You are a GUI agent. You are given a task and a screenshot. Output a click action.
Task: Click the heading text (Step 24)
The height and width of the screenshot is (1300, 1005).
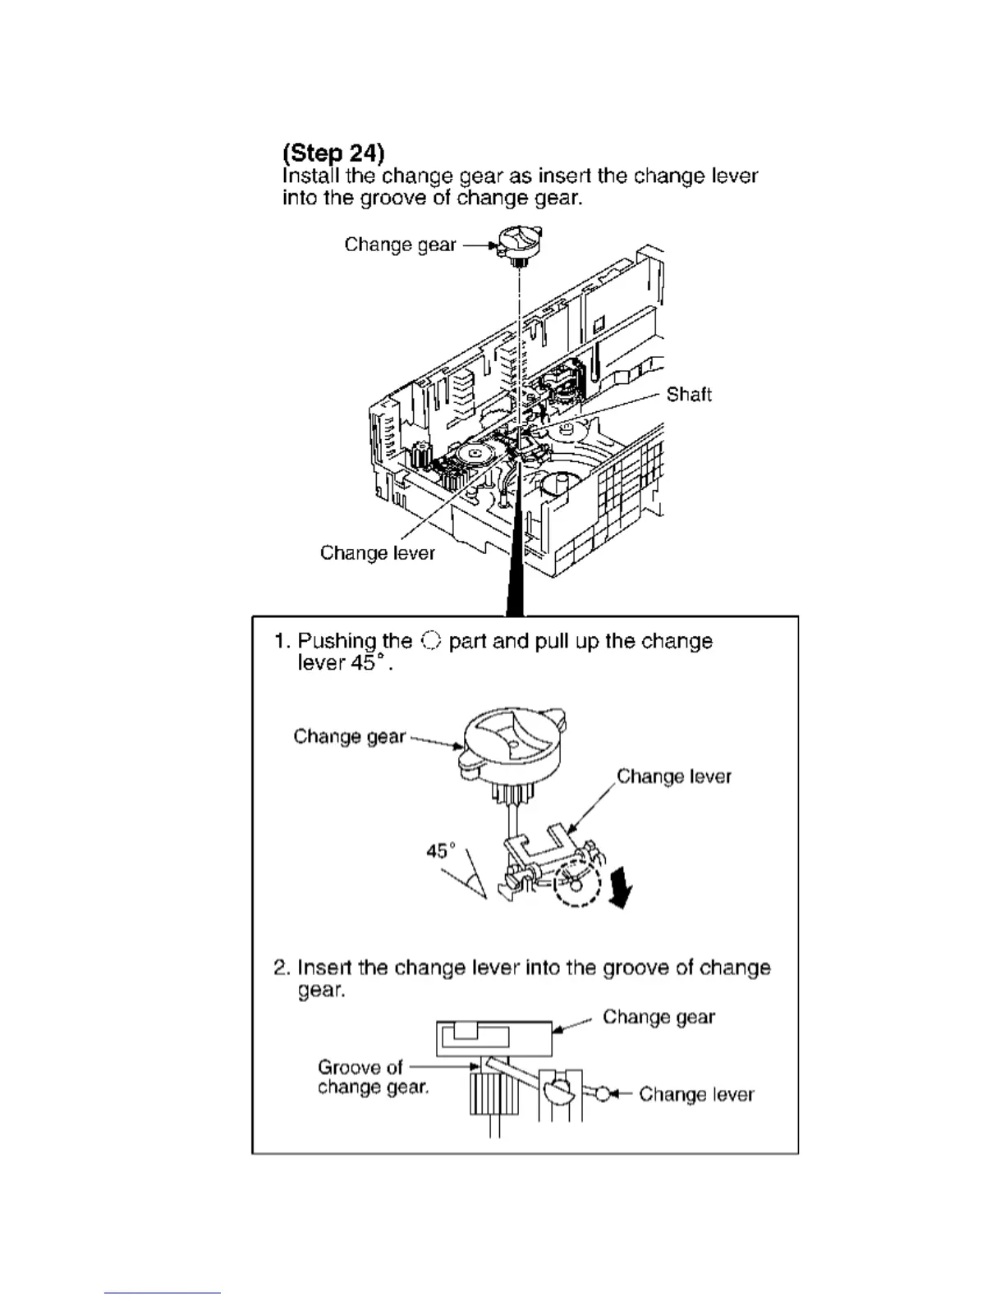pos(333,153)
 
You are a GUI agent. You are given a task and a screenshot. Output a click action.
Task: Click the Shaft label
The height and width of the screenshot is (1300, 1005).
pos(688,395)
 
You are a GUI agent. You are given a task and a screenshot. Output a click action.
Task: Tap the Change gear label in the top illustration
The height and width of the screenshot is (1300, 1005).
pos(400,245)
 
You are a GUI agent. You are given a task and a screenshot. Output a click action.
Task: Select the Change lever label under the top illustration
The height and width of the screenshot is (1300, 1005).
pos(377,552)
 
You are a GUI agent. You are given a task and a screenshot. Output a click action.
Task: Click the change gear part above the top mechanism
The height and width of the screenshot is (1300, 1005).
pos(518,243)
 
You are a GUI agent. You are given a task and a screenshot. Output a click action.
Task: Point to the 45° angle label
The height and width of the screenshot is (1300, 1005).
pos(441,850)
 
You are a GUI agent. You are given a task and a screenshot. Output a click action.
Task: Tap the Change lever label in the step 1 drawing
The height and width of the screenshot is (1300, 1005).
pos(673,776)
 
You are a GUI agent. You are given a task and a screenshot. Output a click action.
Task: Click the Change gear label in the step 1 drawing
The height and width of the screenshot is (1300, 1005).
pos(349,736)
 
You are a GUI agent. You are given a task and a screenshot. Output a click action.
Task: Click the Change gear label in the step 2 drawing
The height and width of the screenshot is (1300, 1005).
pos(659,1017)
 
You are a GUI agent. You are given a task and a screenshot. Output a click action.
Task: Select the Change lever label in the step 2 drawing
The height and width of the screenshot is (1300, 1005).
pos(695,1094)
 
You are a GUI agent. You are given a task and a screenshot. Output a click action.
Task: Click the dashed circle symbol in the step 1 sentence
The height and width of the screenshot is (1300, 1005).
pos(430,641)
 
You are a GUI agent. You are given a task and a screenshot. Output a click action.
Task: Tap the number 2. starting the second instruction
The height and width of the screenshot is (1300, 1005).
pos(282,968)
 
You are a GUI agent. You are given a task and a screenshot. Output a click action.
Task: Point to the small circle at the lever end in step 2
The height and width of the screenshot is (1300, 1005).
pos(603,1094)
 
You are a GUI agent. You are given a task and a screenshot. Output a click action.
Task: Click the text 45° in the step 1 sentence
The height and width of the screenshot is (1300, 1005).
pos(369,663)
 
